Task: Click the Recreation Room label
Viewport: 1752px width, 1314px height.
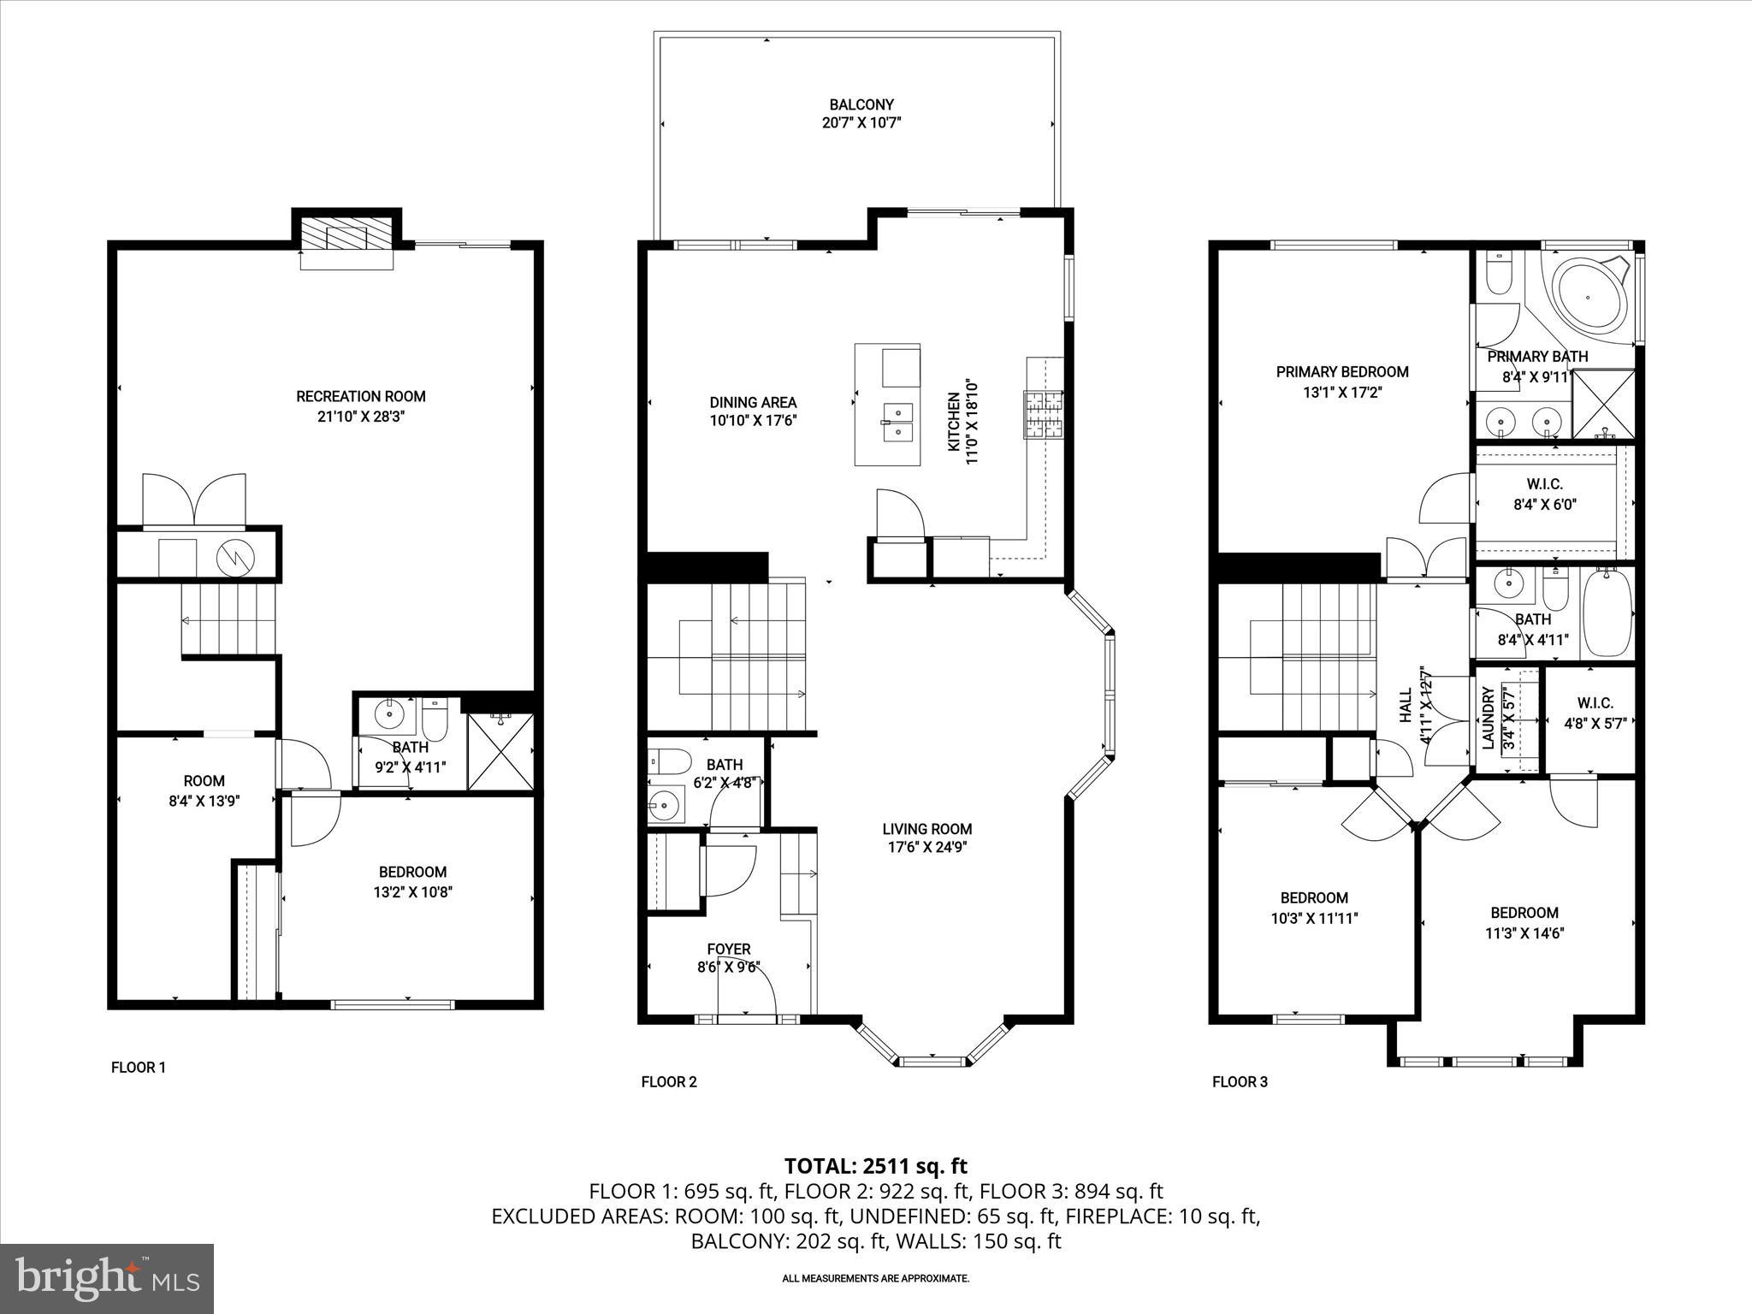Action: coord(360,396)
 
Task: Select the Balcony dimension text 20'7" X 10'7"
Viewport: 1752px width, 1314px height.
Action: coord(861,123)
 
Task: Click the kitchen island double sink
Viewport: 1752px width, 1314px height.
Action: coord(897,421)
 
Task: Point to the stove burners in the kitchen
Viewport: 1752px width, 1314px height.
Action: coord(1043,414)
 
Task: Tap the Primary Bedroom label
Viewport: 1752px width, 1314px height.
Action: coord(1341,372)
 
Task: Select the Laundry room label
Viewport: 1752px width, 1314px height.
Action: coord(1488,718)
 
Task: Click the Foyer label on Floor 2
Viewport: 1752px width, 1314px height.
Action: coord(728,949)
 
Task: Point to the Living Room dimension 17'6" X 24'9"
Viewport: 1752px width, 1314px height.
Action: coord(926,848)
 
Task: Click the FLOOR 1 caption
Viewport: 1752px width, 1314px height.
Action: coord(138,1067)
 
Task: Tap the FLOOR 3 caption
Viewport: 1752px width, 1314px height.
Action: coord(1240,1081)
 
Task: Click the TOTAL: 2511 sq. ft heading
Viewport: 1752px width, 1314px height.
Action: coord(875,1166)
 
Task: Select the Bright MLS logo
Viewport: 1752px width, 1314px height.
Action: coord(107,1279)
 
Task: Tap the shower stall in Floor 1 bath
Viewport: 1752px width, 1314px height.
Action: coord(501,752)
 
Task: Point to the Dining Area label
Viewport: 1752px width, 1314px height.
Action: coord(753,402)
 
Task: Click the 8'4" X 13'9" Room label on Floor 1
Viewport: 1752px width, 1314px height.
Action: coord(204,781)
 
